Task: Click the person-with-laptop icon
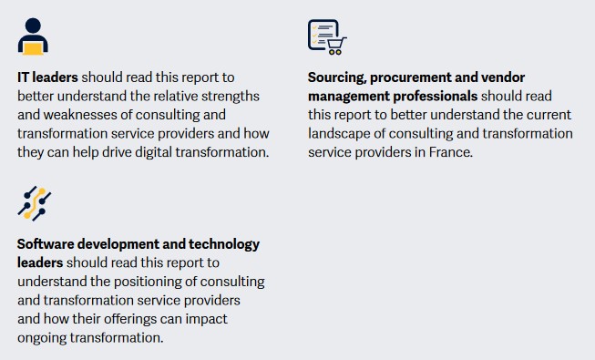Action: click(x=33, y=36)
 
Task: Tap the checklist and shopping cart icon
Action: click(x=327, y=36)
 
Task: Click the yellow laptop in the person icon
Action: click(x=33, y=46)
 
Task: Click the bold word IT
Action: click(x=25, y=77)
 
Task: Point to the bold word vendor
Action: click(x=506, y=77)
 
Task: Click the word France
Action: click(x=449, y=152)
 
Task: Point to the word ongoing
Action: click(x=44, y=337)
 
